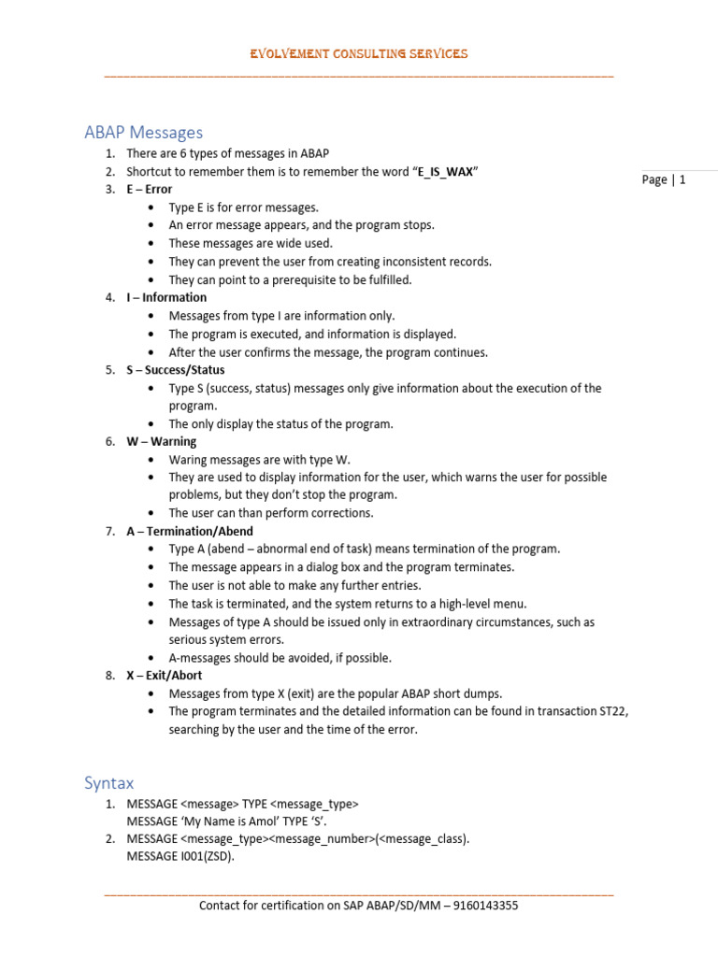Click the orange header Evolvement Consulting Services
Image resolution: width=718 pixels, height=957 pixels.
(358, 54)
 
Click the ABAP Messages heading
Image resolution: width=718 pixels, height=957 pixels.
(143, 133)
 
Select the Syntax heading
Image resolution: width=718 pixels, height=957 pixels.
(108, 783)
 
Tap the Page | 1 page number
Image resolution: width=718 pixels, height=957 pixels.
(664, 180)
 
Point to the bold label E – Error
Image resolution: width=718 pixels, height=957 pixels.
(150, 189)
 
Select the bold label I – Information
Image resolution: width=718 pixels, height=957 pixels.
(166, 297)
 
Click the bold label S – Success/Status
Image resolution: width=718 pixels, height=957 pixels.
(176, 369)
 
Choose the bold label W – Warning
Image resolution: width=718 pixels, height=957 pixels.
(162, 441)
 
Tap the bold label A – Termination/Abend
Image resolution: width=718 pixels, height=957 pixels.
(190, 531)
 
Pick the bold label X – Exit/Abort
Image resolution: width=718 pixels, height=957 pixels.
(165, 675)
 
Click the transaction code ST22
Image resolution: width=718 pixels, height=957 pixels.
(613, 711)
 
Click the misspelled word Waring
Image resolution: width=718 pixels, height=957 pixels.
(187, 460)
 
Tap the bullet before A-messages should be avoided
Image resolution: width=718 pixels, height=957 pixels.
(151, 658)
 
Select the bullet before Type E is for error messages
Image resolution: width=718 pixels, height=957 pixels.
(151, 207)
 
